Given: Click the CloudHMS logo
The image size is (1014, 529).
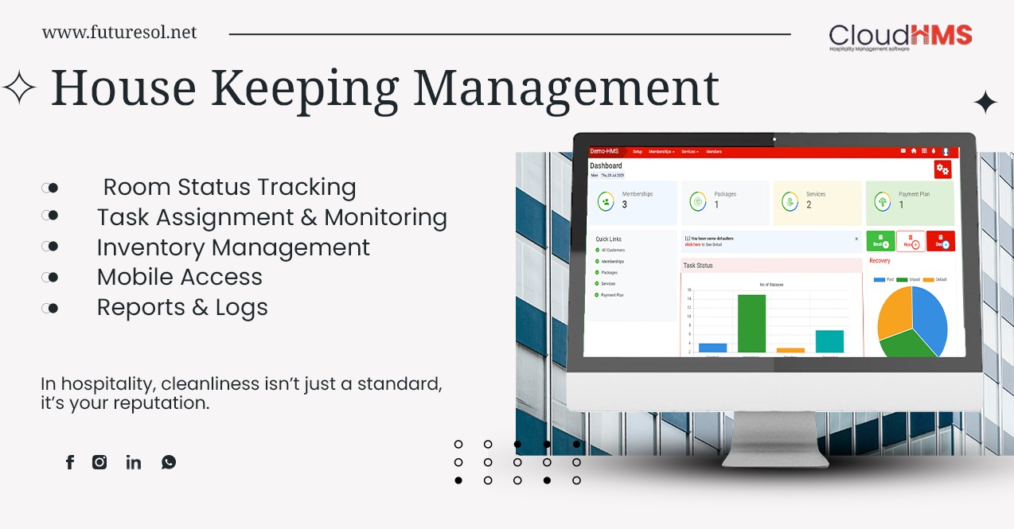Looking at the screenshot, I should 900,37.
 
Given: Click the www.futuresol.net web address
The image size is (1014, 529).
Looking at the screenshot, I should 119,33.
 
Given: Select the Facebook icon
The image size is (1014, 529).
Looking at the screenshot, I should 70,462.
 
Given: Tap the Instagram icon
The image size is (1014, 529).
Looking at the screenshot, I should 99,462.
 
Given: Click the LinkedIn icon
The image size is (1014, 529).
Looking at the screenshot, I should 133,462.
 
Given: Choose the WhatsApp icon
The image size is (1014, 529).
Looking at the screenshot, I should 169,462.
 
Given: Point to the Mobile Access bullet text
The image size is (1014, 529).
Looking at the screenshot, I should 179,277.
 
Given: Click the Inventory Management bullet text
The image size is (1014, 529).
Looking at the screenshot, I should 233,247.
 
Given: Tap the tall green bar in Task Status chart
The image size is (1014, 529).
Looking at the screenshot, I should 751,323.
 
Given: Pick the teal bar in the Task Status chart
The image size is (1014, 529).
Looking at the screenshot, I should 829,341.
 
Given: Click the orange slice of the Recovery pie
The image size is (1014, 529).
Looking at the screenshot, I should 894,313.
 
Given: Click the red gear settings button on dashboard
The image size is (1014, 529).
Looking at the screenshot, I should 942,169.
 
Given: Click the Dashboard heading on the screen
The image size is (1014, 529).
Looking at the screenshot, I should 606,165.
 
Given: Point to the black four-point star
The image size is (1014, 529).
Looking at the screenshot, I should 985,103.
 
